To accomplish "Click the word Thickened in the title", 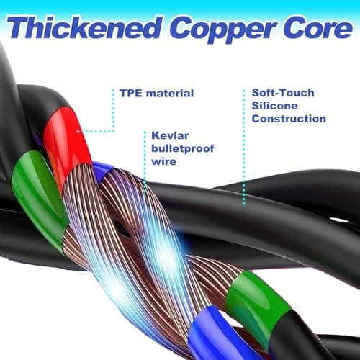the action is pyautogui.click(x=85, y=27).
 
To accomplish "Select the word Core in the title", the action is pyautogui.click(x=318, y=28).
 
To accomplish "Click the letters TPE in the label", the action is pyautogui.click(x=131, y=93).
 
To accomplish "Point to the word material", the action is pyautogui.click(x=170, y=93).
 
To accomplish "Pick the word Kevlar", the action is pyautogui.click(x=170, y=135).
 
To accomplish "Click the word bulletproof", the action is pyautogui.click(x=183, y=149).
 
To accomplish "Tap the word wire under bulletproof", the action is pyautogui.click(x=163, y=161).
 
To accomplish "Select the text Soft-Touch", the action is pyautogui.click(x=283, y=93).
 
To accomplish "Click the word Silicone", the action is pyautogui.click(x=275, y=106).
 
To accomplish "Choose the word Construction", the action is pyautogui.click(x=289, y=119).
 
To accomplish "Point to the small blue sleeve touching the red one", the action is pyautogui.click(x=102, y=171).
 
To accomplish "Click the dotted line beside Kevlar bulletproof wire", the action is pyautogui.click(x=145, y=163).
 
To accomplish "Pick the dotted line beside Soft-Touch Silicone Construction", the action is pyautogui.click(x=244, y=147).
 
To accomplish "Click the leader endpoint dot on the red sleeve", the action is pyautogui.click(x=78, y=131).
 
